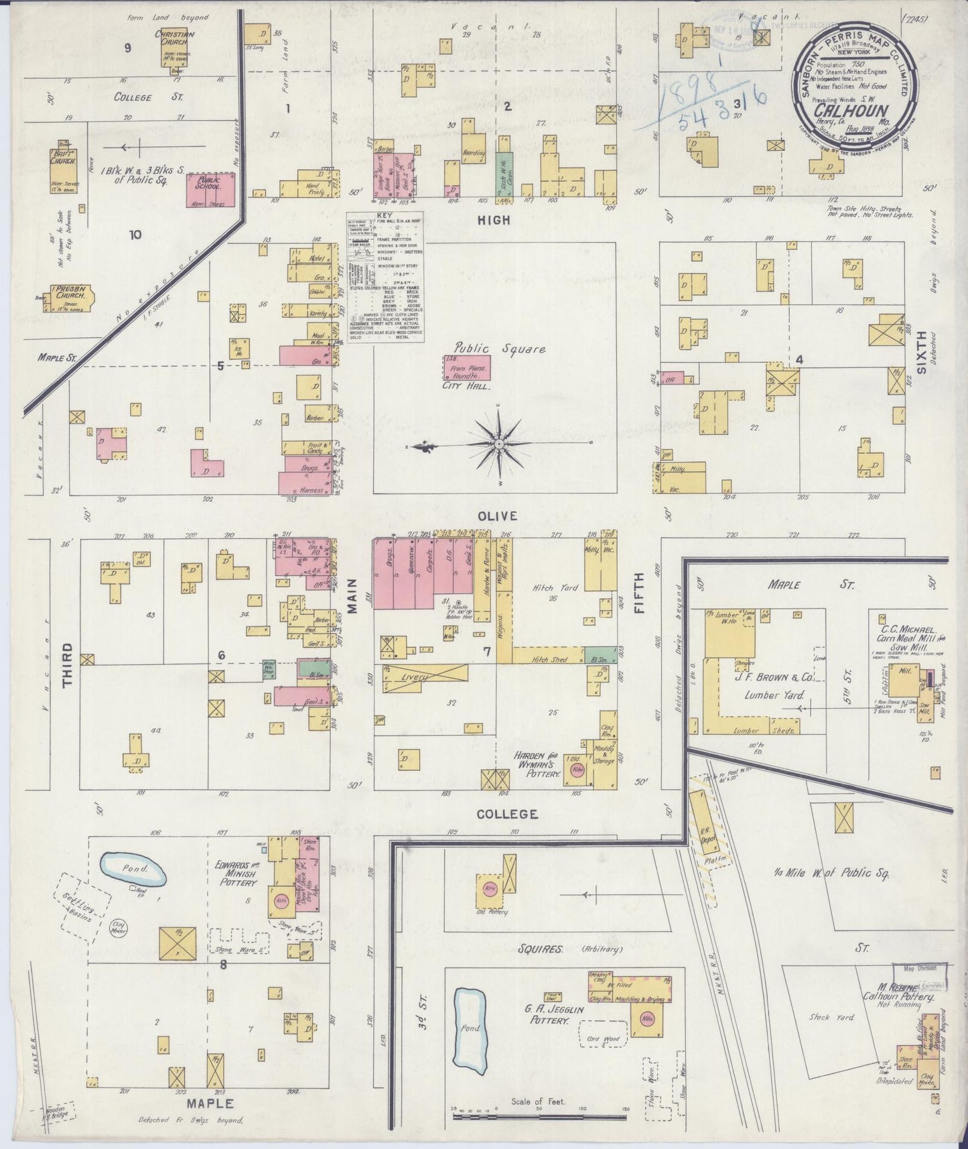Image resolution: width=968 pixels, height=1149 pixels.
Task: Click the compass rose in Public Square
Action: pos(499,444)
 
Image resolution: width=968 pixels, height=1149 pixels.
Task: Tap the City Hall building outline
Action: pos(466,367)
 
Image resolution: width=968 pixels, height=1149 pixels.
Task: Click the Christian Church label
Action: pos(174,39)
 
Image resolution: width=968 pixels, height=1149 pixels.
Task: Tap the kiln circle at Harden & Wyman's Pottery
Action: pos(575,770)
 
